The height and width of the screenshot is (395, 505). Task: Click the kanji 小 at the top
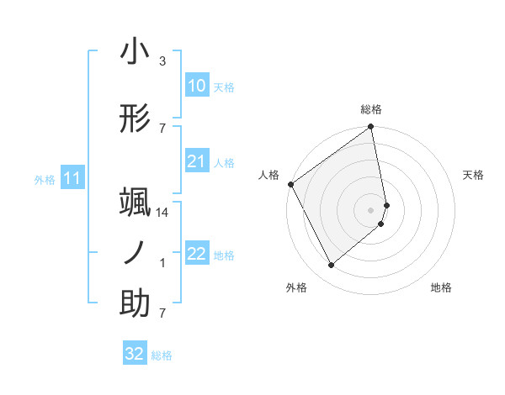pos(135,52)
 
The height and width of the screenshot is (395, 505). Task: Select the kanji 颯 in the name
pos(135,204)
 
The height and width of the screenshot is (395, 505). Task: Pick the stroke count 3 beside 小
pos(162,61)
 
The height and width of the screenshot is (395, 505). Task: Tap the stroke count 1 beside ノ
pos(162,263)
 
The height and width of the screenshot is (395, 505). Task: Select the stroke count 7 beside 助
pos(162,313)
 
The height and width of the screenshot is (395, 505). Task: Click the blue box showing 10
pos(196,85)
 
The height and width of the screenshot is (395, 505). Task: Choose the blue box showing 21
pos(196,161)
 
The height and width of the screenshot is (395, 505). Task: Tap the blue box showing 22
pos(196,254)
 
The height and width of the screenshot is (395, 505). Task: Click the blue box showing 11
pos(72,178)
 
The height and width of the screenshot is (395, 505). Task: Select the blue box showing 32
pos(135,354)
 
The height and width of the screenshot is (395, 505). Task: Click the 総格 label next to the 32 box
pos(162,355)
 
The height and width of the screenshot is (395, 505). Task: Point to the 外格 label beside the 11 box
pos(45,179)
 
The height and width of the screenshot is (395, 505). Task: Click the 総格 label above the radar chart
pos(371,109)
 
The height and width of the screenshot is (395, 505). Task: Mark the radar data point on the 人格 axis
pos(290,184)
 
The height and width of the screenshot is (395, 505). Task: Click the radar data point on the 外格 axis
pos(332,266)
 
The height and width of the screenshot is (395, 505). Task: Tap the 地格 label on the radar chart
pos(441,288)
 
